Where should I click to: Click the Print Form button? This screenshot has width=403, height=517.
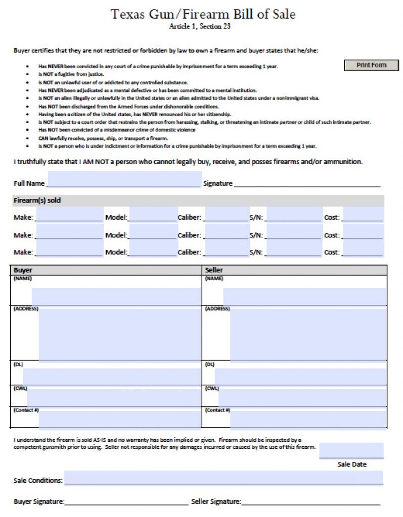point(371,65)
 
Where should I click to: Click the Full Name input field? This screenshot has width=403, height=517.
point(124,180)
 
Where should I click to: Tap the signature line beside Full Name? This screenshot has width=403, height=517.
point(306,183)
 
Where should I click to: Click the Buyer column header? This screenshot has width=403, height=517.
point(23,270)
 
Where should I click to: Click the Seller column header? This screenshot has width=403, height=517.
point(214,270)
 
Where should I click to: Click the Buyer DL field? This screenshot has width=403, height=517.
point(112,376)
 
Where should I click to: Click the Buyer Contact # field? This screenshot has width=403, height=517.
point(119,419)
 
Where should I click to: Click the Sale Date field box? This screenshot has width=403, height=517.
point(351,450)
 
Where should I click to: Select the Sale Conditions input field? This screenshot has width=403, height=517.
point(223,478)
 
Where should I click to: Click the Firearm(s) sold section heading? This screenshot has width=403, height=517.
point(37,200)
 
